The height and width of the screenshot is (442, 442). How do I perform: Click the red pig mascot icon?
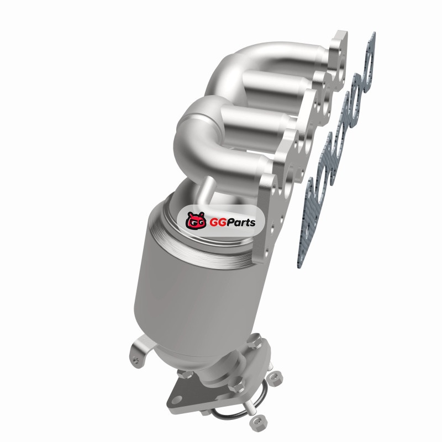coord(196,220)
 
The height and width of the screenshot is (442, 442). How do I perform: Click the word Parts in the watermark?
coord(240,222)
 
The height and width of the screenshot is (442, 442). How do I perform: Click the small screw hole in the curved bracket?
coord(136,361)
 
